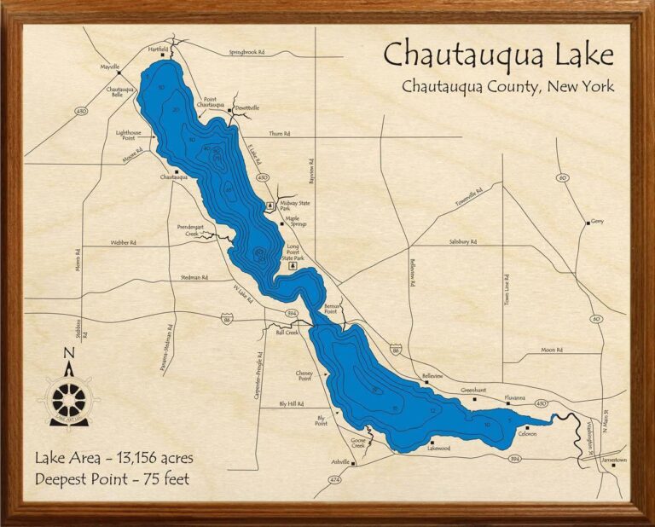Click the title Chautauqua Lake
pos(498,55)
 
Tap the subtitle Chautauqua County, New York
pos(507,86)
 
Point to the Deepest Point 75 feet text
pos(112,478)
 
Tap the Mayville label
pos(109,66)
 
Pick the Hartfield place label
pos(158,49)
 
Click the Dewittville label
pos(246,108)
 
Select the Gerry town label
pos(596,222)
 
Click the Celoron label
pos(526,433)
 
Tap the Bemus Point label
pos(333,309)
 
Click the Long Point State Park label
pos(293,252)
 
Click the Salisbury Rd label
pos(462,242)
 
